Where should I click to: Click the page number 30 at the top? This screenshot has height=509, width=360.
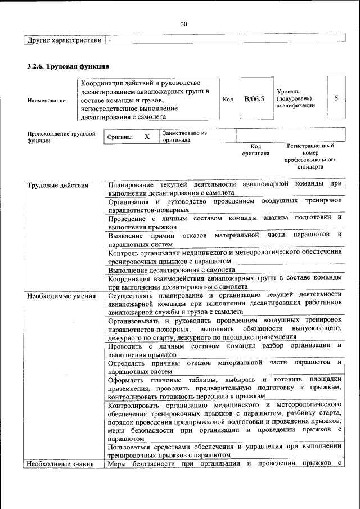pos(183,24)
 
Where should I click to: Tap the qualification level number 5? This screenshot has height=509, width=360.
pos(336,98)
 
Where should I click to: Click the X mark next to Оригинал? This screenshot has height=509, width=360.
pos(147,137)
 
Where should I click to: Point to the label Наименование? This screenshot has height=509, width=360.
pos(46,100)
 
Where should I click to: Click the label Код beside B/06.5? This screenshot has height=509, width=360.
pos(228,99)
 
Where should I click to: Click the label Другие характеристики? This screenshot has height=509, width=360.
pos(65,40)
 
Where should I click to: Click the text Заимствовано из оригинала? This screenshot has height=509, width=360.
pos(185,136)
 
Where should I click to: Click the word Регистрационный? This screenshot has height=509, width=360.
pos(310,146)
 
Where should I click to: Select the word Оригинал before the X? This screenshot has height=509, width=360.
pos(120,137)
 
